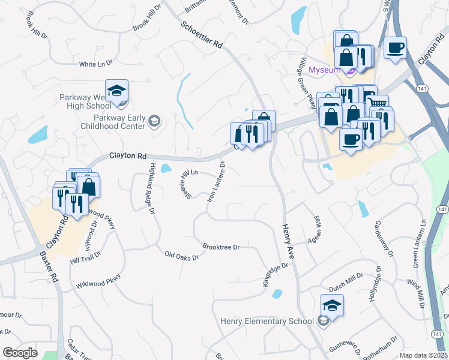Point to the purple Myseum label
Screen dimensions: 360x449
[324, 70]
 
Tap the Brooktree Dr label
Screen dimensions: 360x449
[221, 247]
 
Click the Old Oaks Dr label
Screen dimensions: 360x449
[182, 256]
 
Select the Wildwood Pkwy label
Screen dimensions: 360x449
[98, 281]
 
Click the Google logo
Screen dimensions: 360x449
[20, 353]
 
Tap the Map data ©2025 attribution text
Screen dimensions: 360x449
[423, 355]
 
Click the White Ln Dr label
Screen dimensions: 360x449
[95, 64]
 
